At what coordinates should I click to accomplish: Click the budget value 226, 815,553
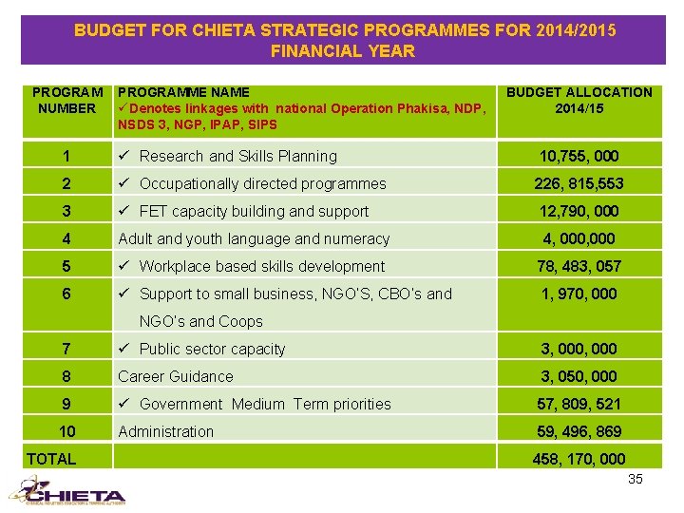click(579, 183)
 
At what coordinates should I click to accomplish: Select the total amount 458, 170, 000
click(579, 459)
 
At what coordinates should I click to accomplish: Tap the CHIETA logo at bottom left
click(66, 491)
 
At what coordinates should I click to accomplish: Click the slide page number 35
click(635, 479)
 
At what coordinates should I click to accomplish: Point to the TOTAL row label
click(51, 459)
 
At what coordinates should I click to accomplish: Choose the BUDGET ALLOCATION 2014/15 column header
click(579, 100)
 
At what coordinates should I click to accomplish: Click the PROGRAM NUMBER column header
click(66, 100)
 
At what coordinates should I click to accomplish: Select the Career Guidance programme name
click(175, 376)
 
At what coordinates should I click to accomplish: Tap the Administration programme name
click(165, 431)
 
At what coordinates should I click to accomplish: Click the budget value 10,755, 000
click(579, 156)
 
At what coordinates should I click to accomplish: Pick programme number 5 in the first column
click(66, 266)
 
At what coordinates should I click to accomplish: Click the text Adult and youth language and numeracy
click(254, 238)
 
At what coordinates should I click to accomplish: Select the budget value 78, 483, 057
click(579, 266)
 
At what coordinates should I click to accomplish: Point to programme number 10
click(66, 431)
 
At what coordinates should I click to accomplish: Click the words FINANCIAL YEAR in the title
click(343, 51)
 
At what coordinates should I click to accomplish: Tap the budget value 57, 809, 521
click(579, 404)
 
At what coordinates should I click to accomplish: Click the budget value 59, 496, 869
click(579, 431)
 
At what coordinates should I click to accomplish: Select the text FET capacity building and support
click(254, 211)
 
